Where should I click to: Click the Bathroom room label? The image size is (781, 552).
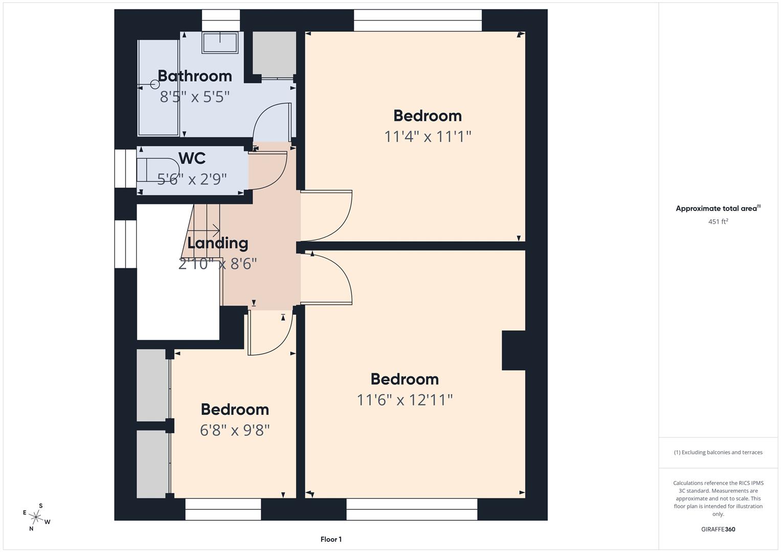[194, 76]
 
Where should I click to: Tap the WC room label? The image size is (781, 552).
[192, 158]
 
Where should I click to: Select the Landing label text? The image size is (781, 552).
[217, 243]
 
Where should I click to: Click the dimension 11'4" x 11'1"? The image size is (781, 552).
[427, 136]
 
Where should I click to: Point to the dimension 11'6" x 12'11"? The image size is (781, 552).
[405, 400]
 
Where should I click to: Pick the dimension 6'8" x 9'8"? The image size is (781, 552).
[235, 430]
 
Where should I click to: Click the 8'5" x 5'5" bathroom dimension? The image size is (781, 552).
[194, 97]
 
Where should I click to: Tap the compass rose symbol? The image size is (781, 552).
[36, 517]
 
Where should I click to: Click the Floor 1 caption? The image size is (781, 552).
[331, 539]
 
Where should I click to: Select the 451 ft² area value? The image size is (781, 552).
[718, 222]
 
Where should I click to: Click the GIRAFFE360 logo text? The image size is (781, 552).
[718, 529]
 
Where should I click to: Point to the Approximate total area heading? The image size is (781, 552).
[718, 209]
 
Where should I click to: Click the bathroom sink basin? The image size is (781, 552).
[220, 42]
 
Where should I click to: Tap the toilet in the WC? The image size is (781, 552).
[159, 170]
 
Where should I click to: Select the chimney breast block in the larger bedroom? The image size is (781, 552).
[513, 350]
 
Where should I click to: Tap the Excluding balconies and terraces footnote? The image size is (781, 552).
[718, 452]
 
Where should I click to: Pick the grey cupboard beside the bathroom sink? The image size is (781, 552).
[274, 54]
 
